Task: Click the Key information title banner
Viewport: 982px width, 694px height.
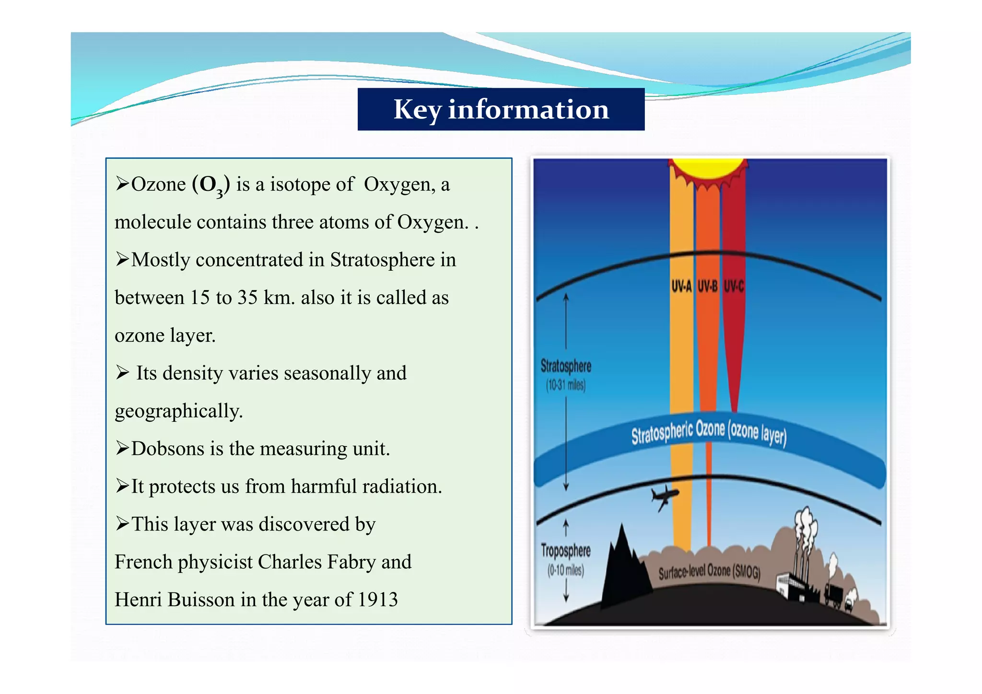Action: [x=501, y=109]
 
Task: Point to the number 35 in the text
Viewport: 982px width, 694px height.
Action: [x=247, y=298]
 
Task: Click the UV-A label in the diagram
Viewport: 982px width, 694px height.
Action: [x=681, y=287]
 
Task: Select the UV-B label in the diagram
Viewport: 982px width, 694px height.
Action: [x=707, y=287]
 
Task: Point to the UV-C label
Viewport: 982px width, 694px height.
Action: [x=734, y=287]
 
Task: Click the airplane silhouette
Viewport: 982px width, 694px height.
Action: [x=664, y=497]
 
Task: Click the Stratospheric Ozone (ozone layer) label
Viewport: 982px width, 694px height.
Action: [x=708, y=433]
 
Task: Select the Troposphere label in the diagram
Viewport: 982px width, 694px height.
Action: [x=565, y=551]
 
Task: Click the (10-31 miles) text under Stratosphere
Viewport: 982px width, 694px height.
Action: [x=566, y=385]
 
